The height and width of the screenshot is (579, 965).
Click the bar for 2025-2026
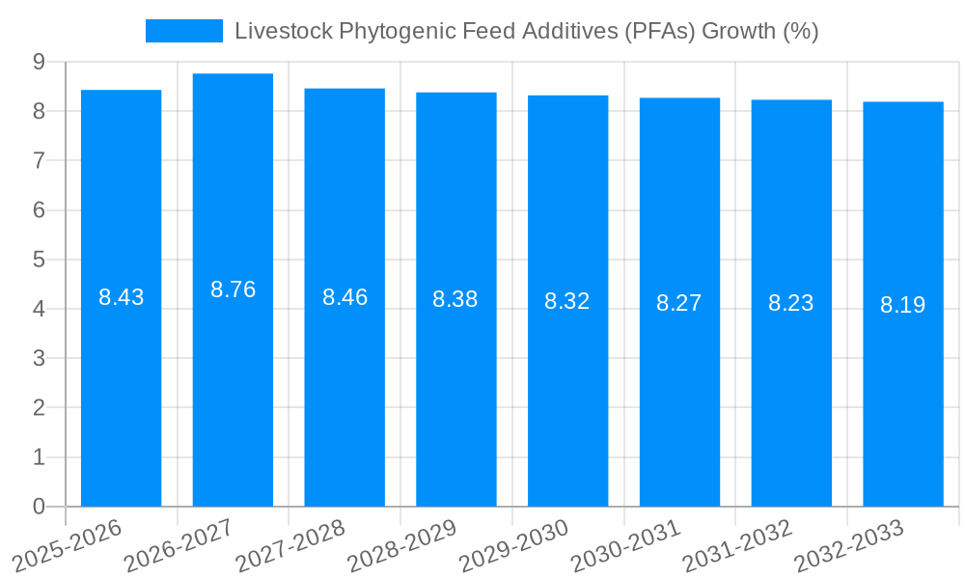121,386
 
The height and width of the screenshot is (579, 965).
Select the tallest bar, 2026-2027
233,386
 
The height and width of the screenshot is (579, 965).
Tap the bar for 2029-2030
567,386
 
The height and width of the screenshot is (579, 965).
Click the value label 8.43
121,297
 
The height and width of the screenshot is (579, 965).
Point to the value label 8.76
233,289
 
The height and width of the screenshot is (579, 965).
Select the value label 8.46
345,297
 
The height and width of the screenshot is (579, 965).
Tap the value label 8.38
455,299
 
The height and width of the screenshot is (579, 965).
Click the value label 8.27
679,303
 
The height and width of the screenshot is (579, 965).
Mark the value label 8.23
790,303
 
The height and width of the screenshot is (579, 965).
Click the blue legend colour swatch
183,31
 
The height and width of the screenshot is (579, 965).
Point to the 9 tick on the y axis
39,62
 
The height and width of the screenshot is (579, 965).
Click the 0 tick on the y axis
39,507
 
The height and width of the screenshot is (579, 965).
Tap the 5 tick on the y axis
39,260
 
